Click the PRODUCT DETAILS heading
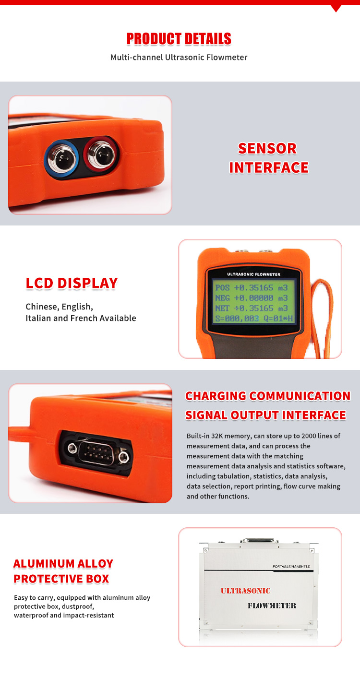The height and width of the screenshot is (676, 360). [179, 39]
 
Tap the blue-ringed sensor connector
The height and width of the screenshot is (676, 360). [62, 157]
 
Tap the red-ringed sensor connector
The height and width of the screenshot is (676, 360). [101, 154]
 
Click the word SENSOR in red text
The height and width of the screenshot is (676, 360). [267, 148]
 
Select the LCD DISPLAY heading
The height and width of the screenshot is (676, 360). [72, 284]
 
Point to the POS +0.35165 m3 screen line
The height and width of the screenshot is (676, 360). [251, 288]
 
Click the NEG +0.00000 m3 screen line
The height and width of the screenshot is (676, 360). [251, 298]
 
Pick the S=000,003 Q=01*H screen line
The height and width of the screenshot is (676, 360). [254, 319]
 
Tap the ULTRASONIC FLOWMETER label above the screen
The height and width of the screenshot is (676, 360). [254, 274]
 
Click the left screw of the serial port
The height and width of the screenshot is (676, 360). [72, 448]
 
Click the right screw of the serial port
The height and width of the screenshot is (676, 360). [123, 457]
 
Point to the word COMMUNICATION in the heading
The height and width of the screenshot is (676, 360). [300, 396]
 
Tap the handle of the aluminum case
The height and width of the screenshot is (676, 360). [259, 540]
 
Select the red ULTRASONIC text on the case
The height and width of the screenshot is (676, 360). [246, 591]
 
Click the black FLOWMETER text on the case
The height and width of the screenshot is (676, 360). [272, 605]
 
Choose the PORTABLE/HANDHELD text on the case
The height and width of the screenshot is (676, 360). [291, 567]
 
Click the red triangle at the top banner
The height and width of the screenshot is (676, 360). [336, 8]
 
